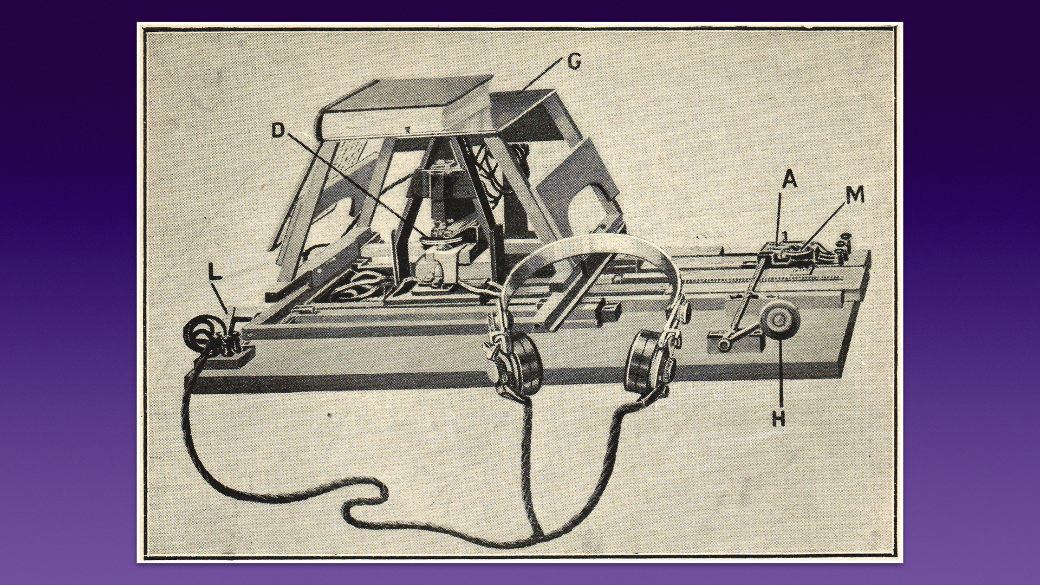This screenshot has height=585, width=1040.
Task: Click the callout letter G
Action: click(574, 62)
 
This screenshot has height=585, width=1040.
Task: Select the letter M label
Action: click(855, 196)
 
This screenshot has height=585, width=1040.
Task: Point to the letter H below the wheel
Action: click(778, 418)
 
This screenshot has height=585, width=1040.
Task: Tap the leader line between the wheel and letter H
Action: click(778, 373)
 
